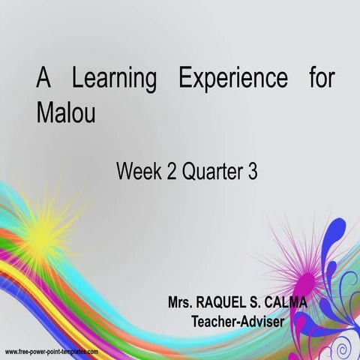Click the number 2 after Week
click(172, 172)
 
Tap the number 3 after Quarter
click(252, 172)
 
